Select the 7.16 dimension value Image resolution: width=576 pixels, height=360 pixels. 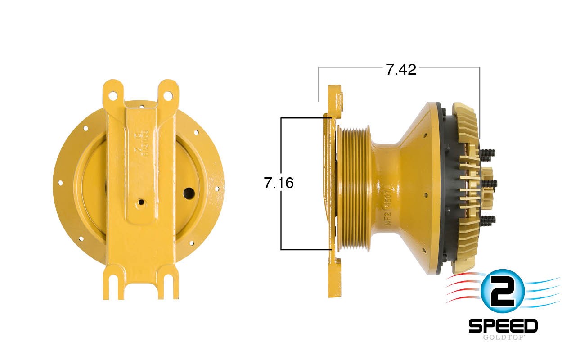click(x=279, y=183)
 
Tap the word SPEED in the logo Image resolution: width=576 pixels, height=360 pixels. click(x=503, y=325)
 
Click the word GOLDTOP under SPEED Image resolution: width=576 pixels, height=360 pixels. click(x=503, y=337)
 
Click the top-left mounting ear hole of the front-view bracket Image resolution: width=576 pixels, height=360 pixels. click(x=113, y=95)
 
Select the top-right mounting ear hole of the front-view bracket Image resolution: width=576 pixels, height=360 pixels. click(x=168, y=95)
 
